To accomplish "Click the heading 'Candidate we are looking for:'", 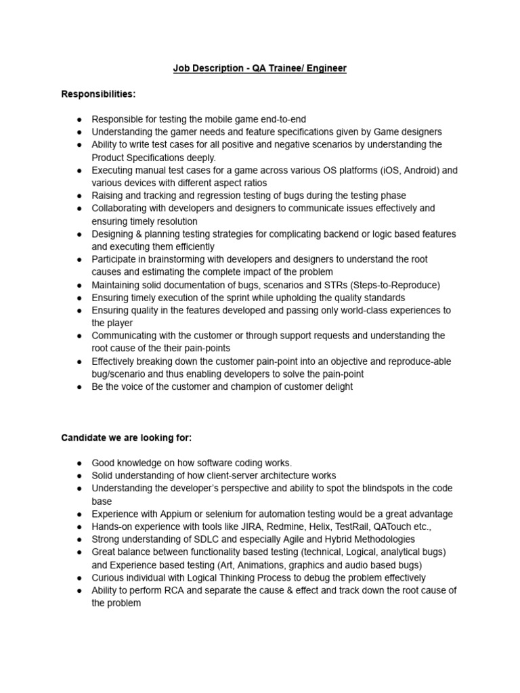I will [x=127, y=438].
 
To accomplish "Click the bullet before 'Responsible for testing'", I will [x=79, y=119].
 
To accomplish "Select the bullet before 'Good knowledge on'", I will [x=79, y=463].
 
